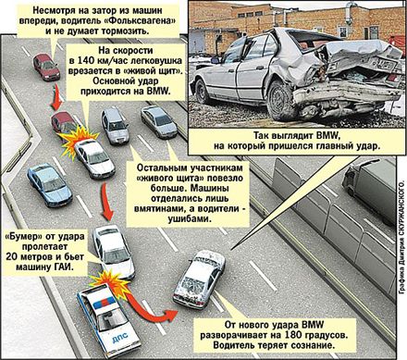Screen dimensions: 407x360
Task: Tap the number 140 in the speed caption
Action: pos(87,60)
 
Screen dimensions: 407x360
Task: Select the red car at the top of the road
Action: pos(46,67)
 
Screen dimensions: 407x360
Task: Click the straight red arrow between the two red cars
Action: pos(56,96)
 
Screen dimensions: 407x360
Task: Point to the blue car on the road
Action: pos(49,185)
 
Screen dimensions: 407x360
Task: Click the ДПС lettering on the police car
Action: pos(121,339)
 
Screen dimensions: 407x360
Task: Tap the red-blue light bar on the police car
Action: pos(104,303)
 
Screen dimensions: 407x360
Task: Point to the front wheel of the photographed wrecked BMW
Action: pos(203,92)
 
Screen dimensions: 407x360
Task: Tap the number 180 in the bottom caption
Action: pos(293,335)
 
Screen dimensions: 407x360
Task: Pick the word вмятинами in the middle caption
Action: pos(157,209)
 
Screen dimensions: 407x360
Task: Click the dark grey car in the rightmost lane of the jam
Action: pos(159,121)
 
